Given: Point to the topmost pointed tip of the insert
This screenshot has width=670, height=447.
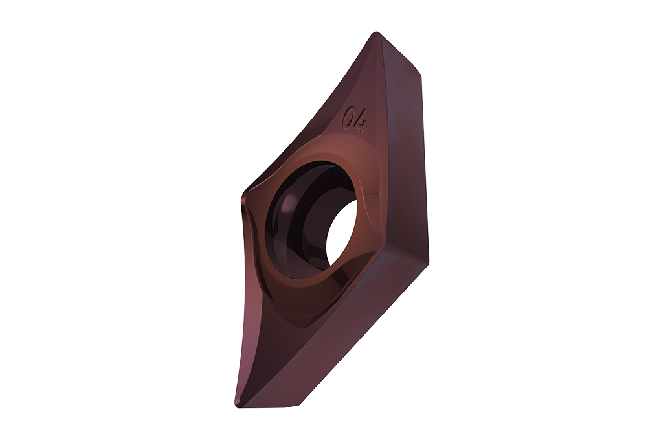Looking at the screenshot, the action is (376, 34).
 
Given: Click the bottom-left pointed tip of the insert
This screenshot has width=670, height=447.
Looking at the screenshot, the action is (238, 404).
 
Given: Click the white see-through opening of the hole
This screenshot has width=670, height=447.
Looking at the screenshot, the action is (342, 233).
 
